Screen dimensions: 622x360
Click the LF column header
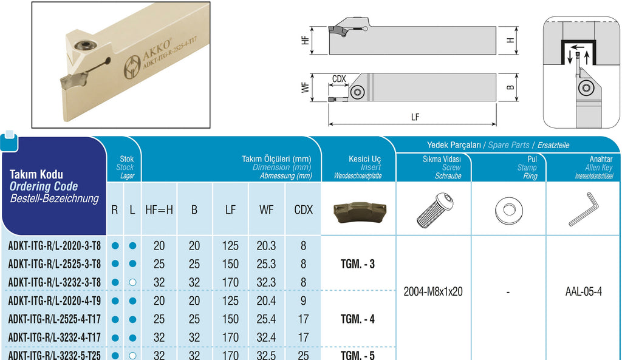point(230,209)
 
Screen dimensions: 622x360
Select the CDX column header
point(304,209)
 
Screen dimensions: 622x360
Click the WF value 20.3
point(266,246)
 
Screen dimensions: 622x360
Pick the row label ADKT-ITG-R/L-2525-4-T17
point(54,319)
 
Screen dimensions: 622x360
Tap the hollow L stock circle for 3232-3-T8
point(132,282)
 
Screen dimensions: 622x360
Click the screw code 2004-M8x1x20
point(432,292)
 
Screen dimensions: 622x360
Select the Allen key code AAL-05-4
point(584,292)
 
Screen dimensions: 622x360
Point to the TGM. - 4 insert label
point(357,319)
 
